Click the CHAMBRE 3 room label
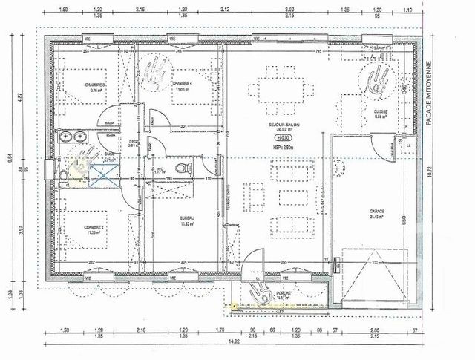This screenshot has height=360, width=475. click(96, 85)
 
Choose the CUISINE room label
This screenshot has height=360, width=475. click(381, 111)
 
